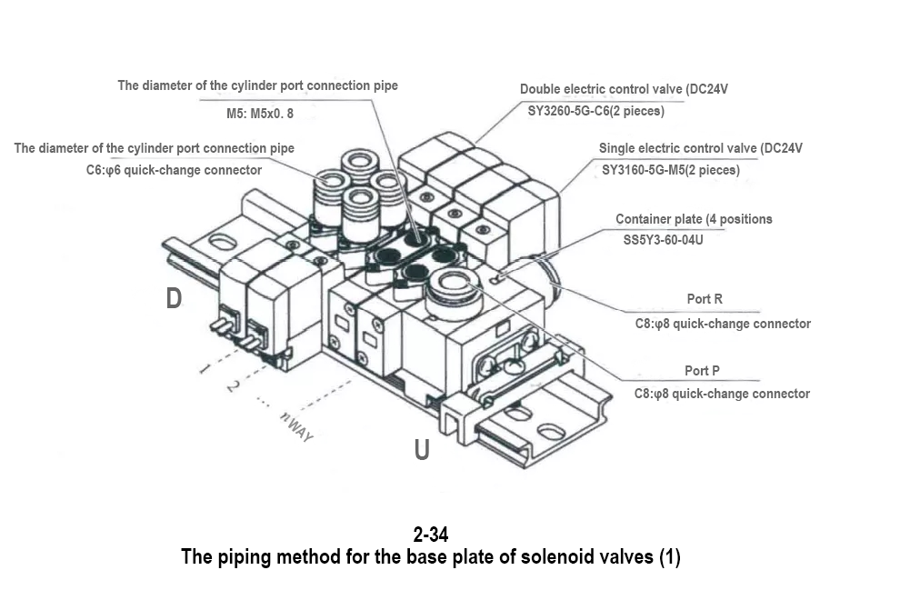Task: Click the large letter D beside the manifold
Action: tap(174, 298)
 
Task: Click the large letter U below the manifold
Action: tap(422, 449)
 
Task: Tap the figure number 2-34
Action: tap(430, 535)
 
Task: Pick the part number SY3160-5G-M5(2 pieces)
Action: tap(671, 169)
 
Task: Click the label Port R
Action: tap(705, 299)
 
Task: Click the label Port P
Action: tap(702, 371)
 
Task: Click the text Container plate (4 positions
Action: tap(694, 219)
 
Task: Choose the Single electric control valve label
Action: tap(700, 147)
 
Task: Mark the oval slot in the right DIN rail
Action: tap(549, 430)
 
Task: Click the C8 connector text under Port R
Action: tap(722, 323)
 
